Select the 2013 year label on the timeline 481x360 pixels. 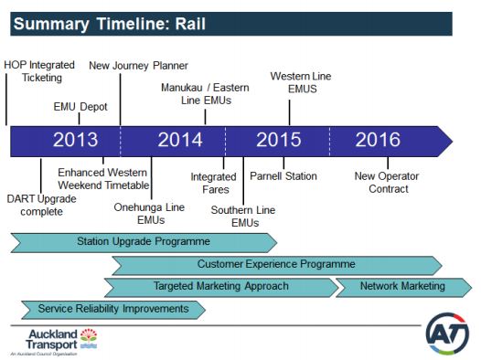75,140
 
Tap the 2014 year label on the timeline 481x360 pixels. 180,140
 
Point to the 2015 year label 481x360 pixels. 278,140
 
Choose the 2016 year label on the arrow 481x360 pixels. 378,140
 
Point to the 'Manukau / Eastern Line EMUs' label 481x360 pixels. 206,94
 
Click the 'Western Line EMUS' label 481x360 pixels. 301,82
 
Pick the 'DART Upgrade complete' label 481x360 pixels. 36,205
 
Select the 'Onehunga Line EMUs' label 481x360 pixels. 149,214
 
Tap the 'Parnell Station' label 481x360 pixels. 283,176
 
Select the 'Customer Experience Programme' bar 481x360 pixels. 275,264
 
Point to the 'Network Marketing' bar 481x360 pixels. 402,286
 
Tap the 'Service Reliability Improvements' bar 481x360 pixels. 108,309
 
